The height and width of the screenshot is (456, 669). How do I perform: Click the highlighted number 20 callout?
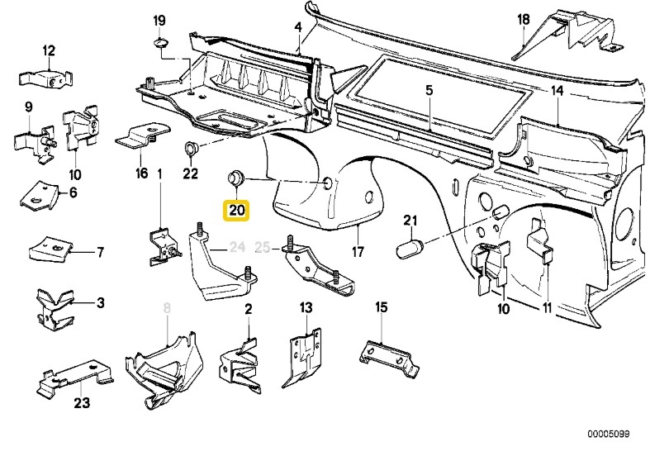236,211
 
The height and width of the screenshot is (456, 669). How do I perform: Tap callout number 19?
159,20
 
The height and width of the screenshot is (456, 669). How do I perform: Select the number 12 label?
48,50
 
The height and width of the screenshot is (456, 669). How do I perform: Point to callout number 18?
523,19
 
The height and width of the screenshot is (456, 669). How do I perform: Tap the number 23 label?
81,404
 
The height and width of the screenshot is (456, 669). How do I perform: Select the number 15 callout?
381,307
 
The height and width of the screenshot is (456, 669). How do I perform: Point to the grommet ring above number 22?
190,150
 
